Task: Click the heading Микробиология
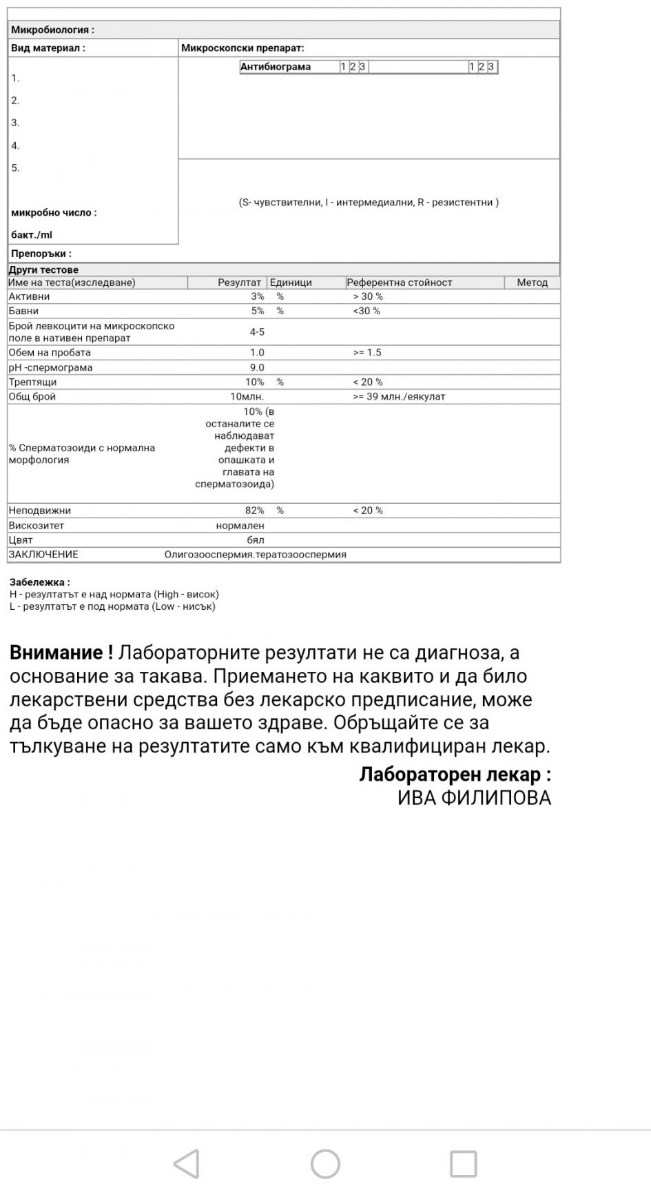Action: [52, 30]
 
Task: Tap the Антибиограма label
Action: [276, 67]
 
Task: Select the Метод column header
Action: [532, 283]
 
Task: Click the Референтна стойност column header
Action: [400, 283]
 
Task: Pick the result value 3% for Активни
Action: [257, 296]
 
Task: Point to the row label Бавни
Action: [23, 311]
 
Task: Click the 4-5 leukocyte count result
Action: [257, 332]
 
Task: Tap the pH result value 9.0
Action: [257, 367]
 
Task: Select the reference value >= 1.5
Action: [367, 352]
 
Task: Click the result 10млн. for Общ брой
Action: [247, 396]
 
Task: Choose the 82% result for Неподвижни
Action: [254, 511]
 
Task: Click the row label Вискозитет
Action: [37, 525]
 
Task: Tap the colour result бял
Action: [256, 540]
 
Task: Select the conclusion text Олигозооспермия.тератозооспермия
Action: [256, 554]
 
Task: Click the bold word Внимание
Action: [61, 653]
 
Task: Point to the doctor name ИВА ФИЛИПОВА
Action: [474, 798]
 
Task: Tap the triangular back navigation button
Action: [187, 1164]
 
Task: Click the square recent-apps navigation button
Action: [463, 1164]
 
